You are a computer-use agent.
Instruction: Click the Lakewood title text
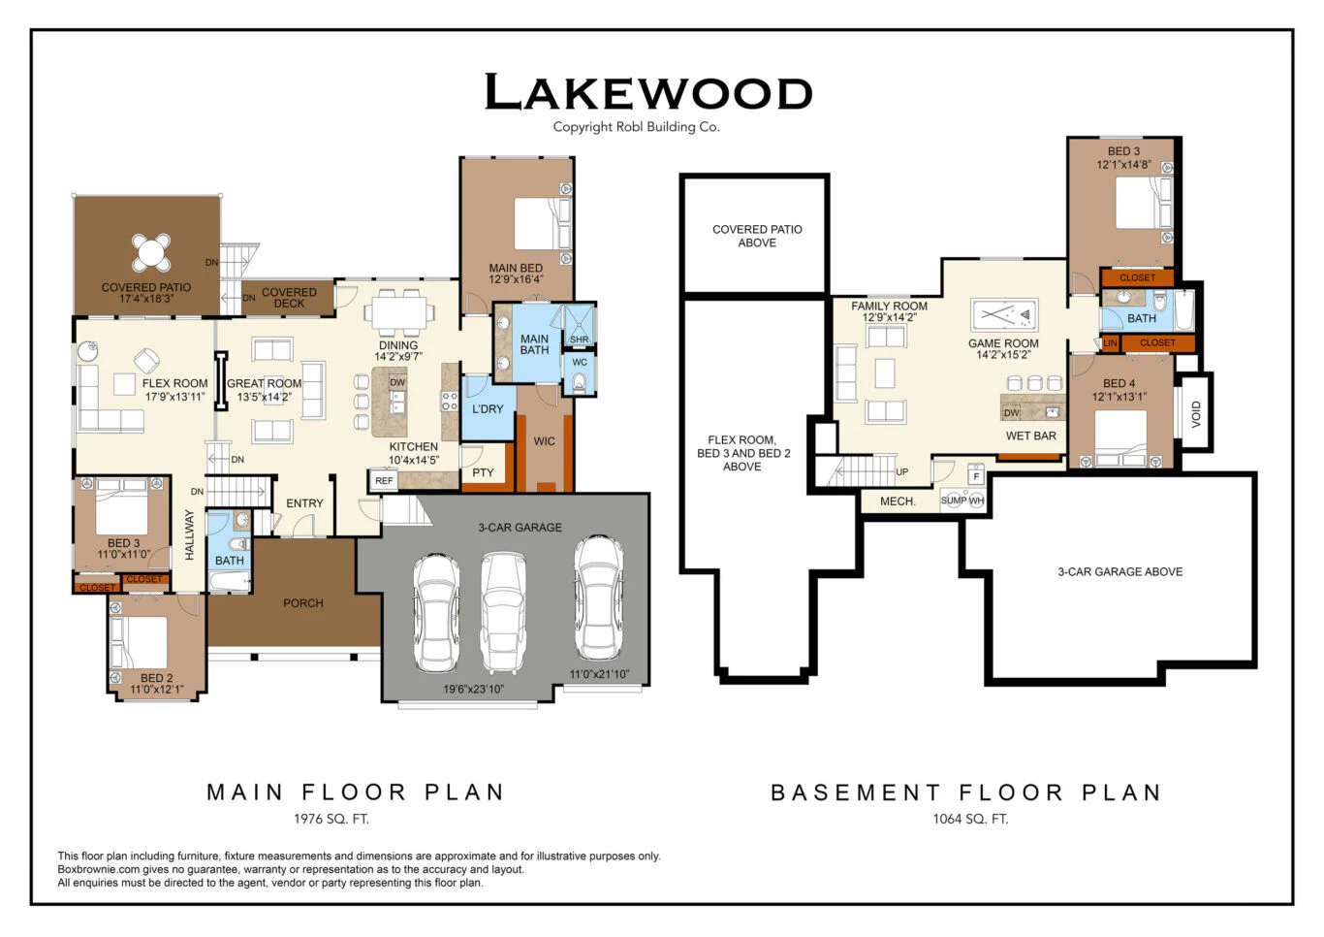tap(647, 93)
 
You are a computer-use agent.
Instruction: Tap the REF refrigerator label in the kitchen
tap(384, 481)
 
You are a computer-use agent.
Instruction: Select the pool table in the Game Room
tap(1004, 315)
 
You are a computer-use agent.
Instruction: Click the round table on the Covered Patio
tap(151, 252)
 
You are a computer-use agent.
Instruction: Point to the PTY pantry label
tap(483, 473)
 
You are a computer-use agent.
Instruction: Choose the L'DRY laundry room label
tap(488, 409)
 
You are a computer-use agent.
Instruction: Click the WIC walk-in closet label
tap(545, 441)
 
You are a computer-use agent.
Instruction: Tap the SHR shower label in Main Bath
tap(580, 339)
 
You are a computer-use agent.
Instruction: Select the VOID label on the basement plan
tap(1196, 414)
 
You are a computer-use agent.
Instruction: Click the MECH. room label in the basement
tap(898, 501)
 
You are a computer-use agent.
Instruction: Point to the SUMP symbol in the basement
tap(953, 501)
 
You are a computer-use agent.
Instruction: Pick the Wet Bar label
tap(1031, 436)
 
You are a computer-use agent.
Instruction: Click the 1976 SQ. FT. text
tap(331, 819)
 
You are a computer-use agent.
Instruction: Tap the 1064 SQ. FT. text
tap(970, 819)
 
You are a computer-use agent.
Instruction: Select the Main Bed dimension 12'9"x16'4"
tap(516, 280)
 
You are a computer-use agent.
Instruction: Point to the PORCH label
tap(303, 603)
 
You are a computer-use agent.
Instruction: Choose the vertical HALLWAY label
tap(190, 535)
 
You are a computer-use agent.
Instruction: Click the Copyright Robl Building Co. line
tap(636, 127)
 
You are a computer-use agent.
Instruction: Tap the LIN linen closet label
tap(1110, 343)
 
